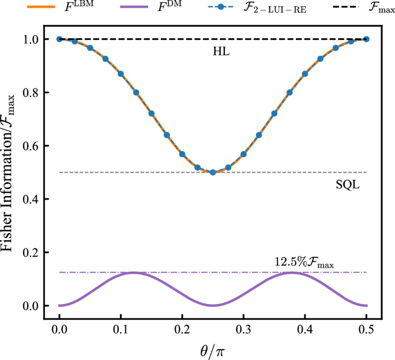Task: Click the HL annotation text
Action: (x=221, y=52)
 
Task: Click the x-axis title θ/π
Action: (x=213, y=348)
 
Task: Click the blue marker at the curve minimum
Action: (x=213, y=172)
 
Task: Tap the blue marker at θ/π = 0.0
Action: (x=59, y=39)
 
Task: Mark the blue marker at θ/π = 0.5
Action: (x=367, y=39)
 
